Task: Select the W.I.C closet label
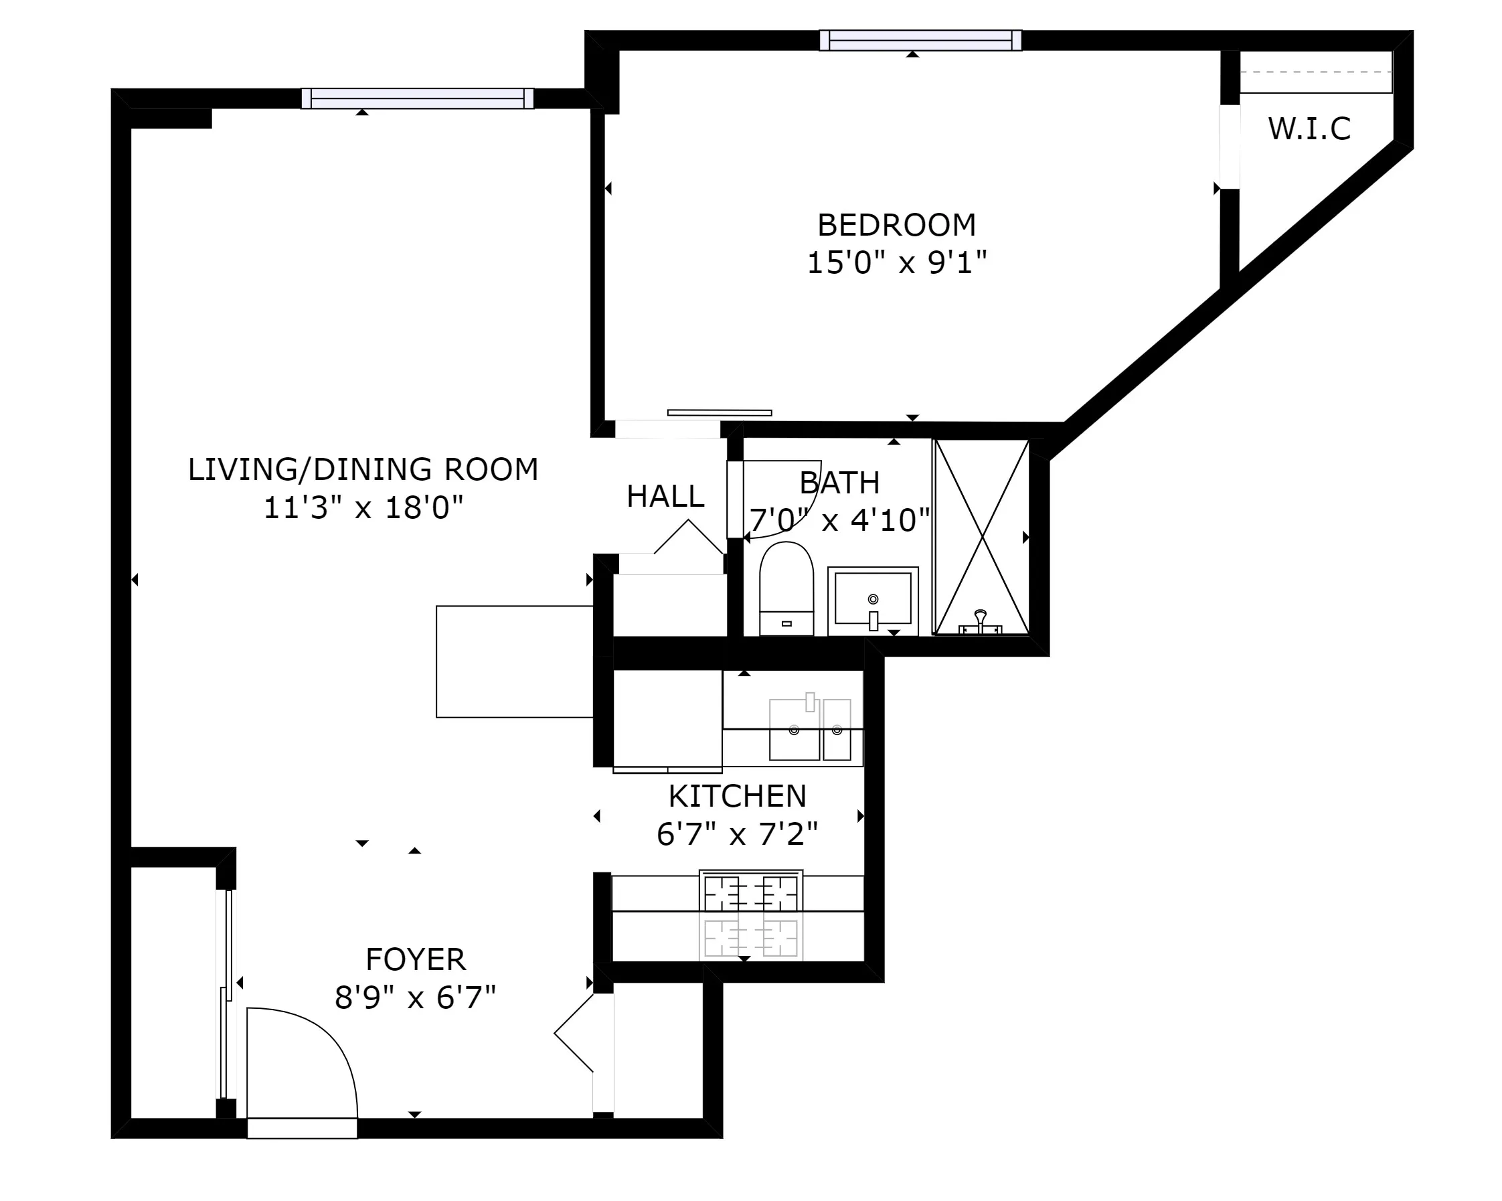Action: click(1309, 129)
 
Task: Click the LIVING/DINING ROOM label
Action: click(363, 469)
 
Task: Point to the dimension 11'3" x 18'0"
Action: click(363, 508)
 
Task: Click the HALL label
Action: click(665, 497)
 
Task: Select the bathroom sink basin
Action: click(872, 598)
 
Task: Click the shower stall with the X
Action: click(981, 536)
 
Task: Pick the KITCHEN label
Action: click(737, 796)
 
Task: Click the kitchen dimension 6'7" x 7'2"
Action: click(737, 834)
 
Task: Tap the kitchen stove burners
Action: click(751, 893)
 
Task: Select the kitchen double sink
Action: click(809, 730)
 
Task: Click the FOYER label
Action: click(415, 960)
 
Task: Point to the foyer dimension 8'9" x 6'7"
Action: click(415, 997)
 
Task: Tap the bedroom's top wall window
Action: click(920, 40)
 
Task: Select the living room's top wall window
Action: click(417, 99)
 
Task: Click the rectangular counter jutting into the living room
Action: click(514, 661)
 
